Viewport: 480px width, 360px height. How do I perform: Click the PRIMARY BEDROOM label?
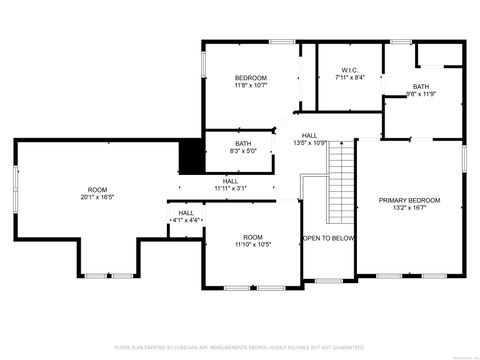[409, 200]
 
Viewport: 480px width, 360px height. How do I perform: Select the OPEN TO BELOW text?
[329, 238]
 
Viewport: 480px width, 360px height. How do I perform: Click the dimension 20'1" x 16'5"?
[97, 197]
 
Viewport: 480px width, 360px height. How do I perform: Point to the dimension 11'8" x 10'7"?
[251, 85]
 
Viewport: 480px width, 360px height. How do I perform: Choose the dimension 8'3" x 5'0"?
[243, 151]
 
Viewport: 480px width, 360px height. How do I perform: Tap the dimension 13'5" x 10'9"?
[310, 143]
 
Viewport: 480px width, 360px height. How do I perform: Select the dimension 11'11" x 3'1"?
[230, 188]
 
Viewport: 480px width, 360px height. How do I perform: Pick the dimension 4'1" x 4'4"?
[187, 220]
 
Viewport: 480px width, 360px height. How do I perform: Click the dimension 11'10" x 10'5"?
[251, 244]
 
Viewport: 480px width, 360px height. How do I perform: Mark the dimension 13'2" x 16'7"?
[409, 208]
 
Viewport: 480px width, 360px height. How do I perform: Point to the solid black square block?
[191, 156]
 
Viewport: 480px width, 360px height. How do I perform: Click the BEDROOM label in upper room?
[251, 77]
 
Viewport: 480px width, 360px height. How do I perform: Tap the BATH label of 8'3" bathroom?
[243, 144]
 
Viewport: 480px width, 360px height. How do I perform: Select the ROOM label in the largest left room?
[97, 189]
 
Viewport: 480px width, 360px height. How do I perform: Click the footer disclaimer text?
[240, 347]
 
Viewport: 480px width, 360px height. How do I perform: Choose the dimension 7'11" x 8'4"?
[348, 77]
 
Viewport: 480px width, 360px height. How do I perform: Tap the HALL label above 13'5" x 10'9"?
[310, 135]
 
